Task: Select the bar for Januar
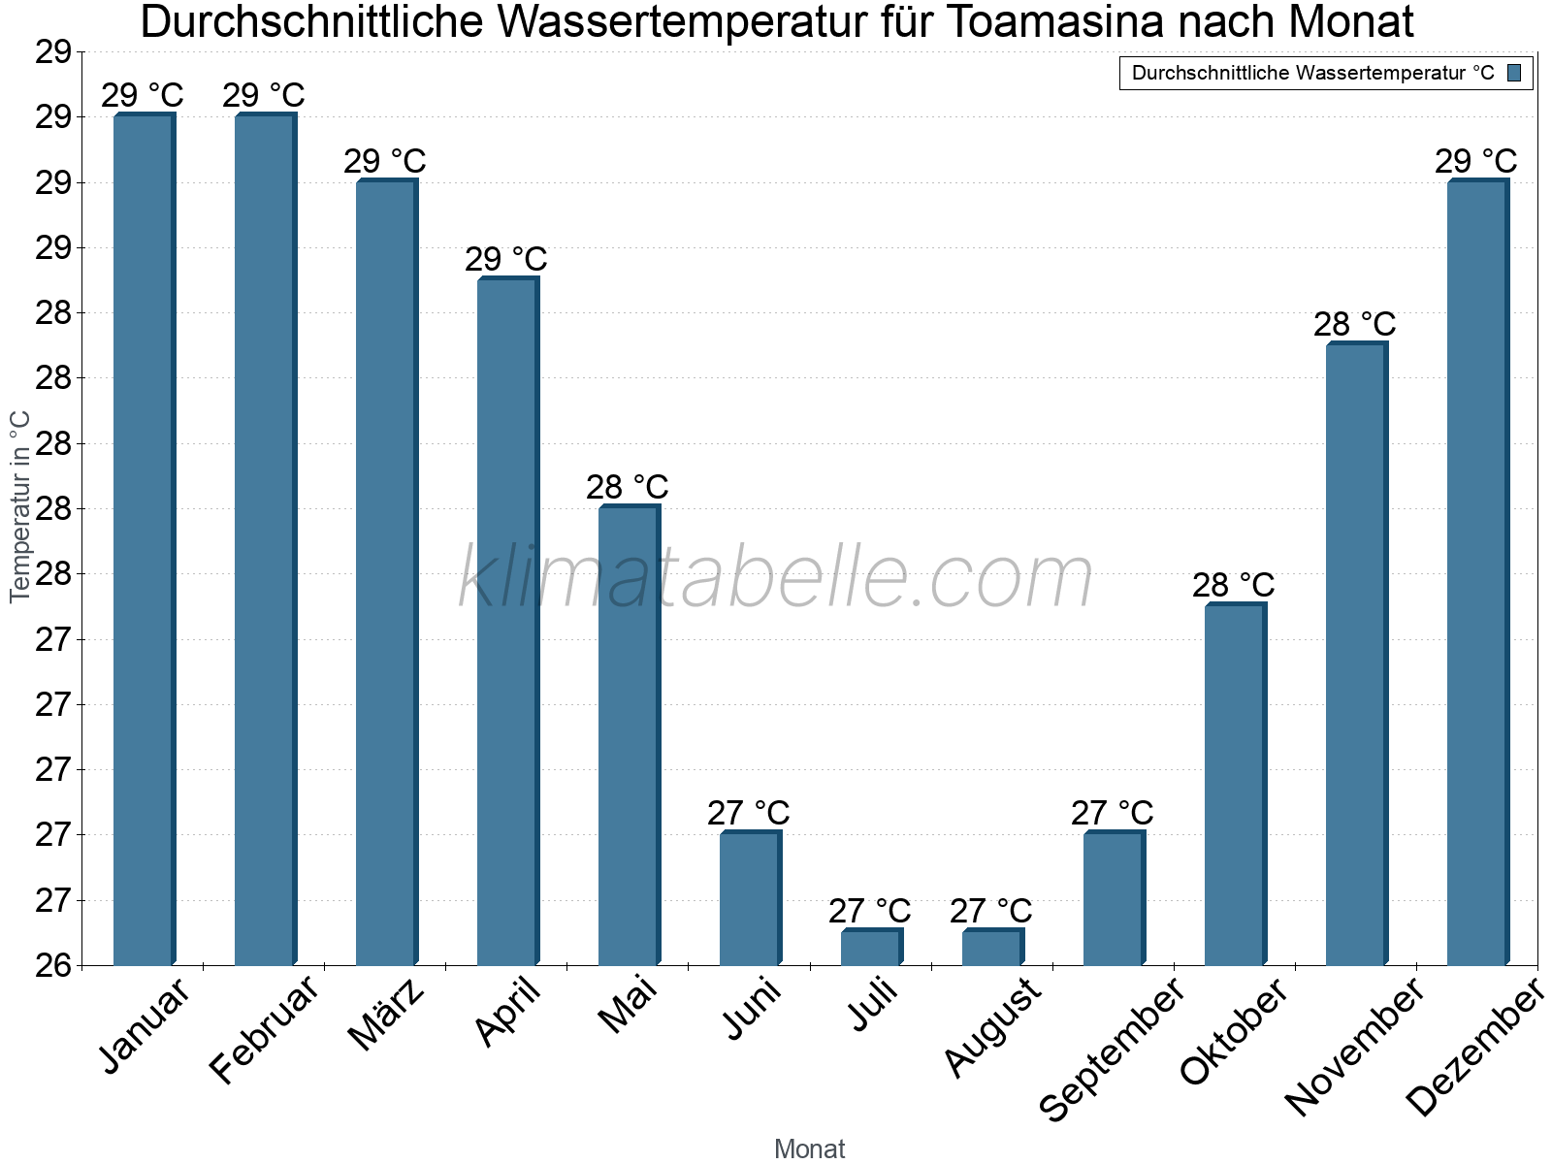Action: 144,540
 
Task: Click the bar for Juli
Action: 871,948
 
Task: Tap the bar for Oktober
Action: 1235,785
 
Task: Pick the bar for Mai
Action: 629,736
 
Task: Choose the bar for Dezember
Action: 1477,573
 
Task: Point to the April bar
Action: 507,622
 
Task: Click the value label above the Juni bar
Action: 748,813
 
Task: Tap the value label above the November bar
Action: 1354,324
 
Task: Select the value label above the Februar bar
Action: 263,96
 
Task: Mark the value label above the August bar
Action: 990,912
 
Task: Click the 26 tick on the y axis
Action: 53,966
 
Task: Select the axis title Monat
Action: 809,1149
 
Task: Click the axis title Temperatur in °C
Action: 20,506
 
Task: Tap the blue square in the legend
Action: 1514,73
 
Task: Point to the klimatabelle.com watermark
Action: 775,578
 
